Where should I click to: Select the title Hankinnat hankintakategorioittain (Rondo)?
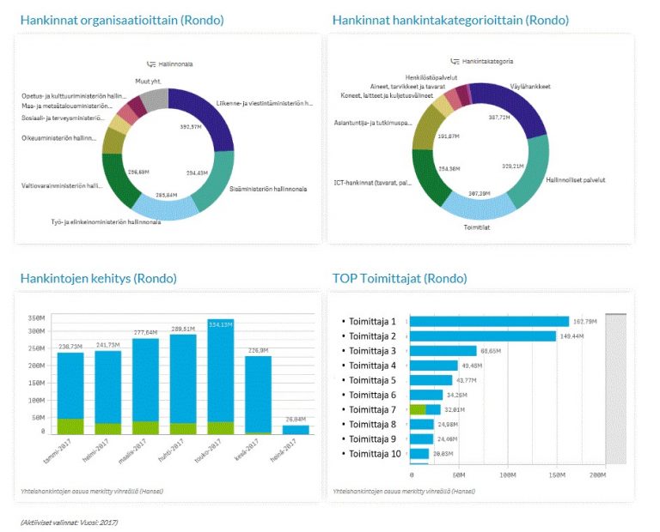449,20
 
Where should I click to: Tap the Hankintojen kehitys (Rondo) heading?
98,278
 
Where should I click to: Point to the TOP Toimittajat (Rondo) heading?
400,278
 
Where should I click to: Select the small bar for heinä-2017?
296,430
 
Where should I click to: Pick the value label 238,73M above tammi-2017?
70,346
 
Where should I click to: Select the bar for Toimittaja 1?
489,322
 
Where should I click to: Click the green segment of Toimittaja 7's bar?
418,409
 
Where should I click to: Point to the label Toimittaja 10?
373,454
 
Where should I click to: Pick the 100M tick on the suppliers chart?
508,474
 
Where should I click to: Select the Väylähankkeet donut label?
529,87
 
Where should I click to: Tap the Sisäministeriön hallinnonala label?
268,189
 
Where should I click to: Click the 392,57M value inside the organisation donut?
190,126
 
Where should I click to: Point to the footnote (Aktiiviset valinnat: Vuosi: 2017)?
69,522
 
